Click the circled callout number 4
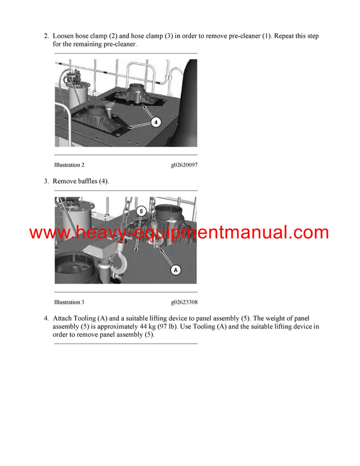click(x=155, y=122)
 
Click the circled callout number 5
click(x=141, y=211)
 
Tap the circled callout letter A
click(x=176, y=270)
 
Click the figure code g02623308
click(x=184, y=302)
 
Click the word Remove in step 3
click(x=66, y=181)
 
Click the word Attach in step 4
click(x=64, y=318)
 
